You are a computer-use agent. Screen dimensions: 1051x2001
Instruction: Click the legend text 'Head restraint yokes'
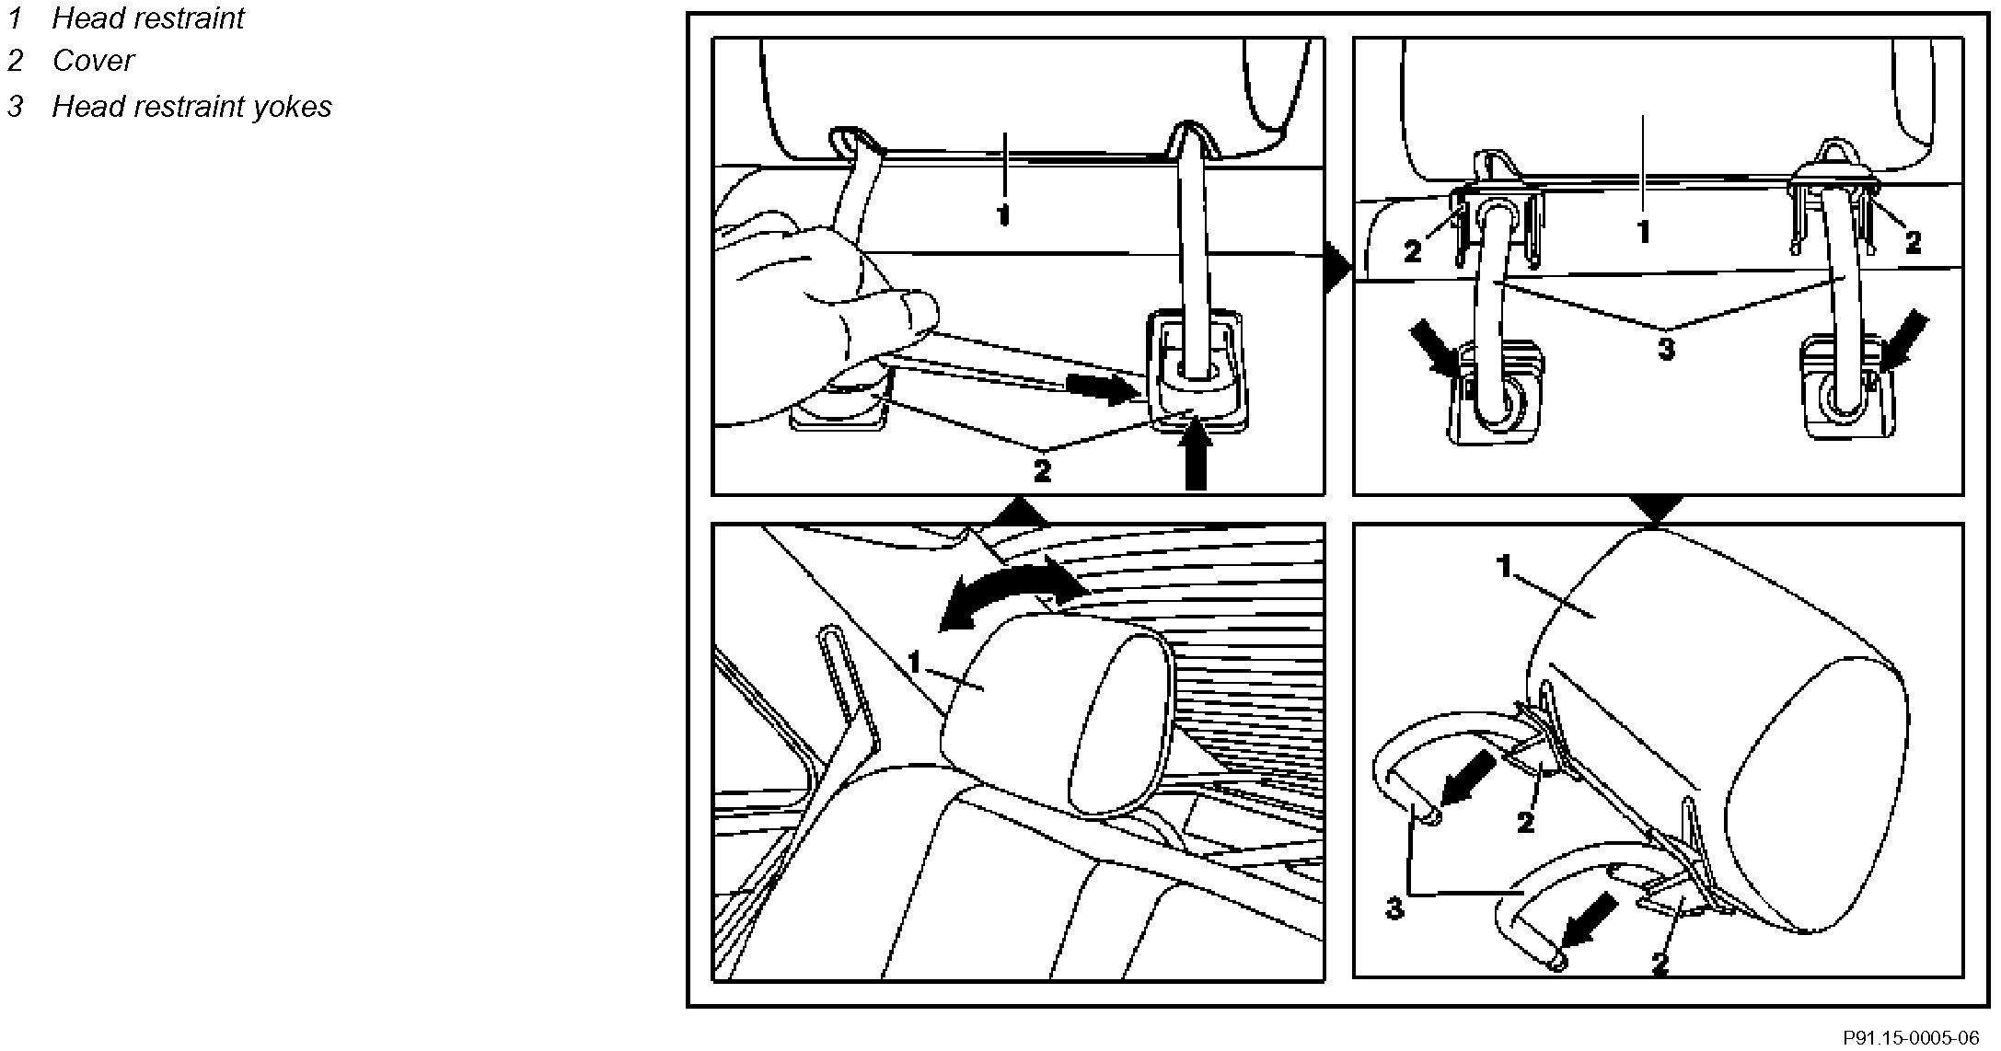point(191,107)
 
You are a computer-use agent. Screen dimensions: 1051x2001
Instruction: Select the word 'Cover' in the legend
point(93,61)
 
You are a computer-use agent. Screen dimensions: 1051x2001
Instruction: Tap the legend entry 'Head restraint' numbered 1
point(147,17)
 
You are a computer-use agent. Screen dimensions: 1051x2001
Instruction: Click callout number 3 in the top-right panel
point(1666,350)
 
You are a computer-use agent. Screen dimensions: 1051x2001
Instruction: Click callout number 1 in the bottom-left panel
point(915,662)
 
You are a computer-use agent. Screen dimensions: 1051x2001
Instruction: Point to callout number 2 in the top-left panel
point(1041,471)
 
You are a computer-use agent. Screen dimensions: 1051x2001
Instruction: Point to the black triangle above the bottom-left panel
point(1016,512)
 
